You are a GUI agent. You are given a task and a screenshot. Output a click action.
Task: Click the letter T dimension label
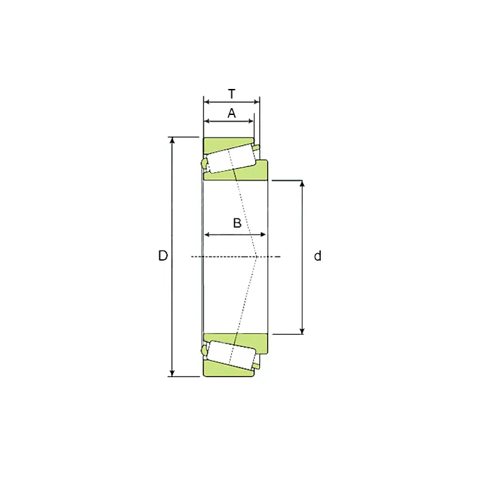click(x=232, y=94)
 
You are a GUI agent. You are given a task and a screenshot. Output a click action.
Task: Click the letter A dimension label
click(x=231, y=113)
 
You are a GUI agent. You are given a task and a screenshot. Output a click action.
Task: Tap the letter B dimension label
click(x=237, y=223)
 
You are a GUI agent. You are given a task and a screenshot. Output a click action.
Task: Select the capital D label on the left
click(x=163, y=255)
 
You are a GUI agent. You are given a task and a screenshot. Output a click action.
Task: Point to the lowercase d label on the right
click(x=318, y=255)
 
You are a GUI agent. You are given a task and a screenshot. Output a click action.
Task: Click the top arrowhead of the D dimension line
click(x=172, y=140)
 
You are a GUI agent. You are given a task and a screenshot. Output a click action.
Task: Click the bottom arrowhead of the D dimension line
click(x=172, y=374)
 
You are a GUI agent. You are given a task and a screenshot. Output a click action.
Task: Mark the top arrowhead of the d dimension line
click(x=302, y=183)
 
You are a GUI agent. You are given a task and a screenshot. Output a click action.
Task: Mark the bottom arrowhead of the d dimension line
click(x=302, y=331)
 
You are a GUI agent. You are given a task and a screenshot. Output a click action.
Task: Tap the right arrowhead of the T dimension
click(x=257, y=102)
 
